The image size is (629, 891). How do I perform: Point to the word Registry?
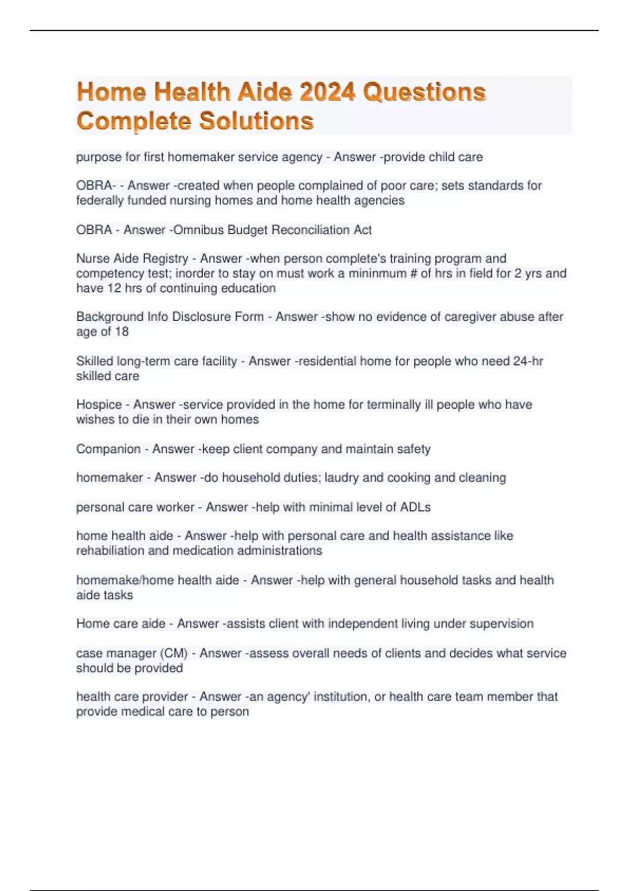click(x=165, y=258)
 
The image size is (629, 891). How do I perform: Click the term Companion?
click(x=109, y=449)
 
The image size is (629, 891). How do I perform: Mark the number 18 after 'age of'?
click(x=122, y=331)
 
